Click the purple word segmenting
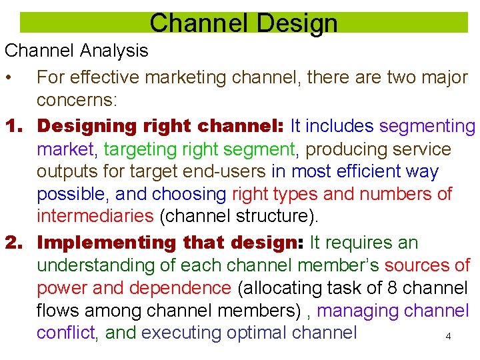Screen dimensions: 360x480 pyautogui.click(x=427, y=125)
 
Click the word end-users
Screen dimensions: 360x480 pyautogui.click(x=229, y=171)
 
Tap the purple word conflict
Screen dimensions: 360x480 pyautogui.click(x=65, y=332)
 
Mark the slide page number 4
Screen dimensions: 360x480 pyautogui.click(x=448, y=337)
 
